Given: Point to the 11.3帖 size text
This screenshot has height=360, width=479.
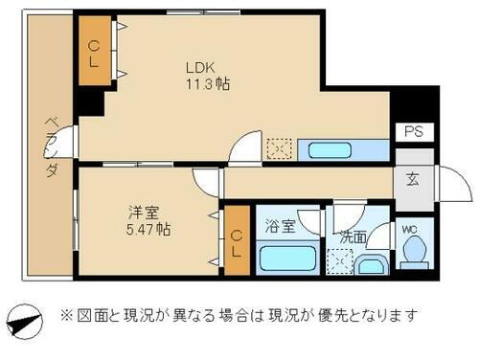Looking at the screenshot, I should tap(206, 84).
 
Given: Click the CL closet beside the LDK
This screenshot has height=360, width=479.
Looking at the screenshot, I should tap(94, 53).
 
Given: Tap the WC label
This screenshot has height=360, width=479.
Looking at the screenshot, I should tap(409, 229).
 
